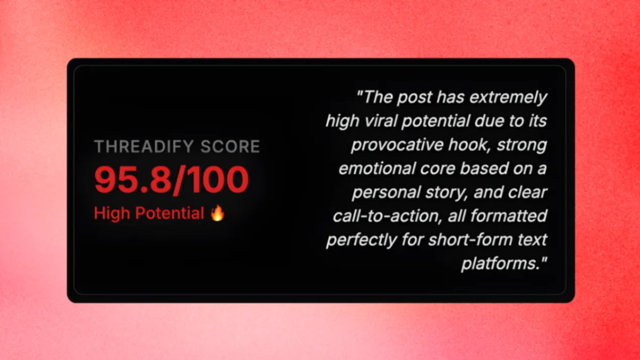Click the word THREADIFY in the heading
coord(144,146)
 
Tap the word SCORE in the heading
coord(230,146)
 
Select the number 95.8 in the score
coord(133,180)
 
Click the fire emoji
coord(218,213)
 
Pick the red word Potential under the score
coord(169,213)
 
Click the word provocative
coord(398,145)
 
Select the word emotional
coord(377,168)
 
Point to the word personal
coord(387,193)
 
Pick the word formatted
coord(508,216)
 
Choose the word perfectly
coord(361,240)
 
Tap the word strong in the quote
coord(522,145)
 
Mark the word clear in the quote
coord(528,192)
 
